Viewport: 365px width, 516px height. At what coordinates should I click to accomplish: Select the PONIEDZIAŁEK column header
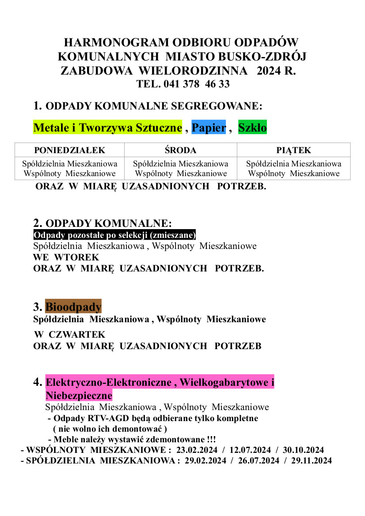[x=70, y=150]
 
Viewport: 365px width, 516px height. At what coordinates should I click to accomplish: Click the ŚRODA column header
[x=180, y=150]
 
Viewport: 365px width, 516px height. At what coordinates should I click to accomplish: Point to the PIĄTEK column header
[x=293, y=150]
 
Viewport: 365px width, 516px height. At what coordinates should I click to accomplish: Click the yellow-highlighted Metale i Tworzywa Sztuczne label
[x=108, y=128]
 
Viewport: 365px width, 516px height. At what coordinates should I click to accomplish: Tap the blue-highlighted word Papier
[x=209, y=128]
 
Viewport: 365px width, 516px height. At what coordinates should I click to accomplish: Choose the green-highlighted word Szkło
[x=252, y=128]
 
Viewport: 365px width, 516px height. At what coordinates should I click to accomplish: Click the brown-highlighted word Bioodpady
[x=73, y=306]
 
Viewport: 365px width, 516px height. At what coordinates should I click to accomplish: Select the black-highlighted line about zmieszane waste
[x=114, y=235]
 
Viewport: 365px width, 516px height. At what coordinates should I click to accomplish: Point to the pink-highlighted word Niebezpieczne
[x=79, y=395]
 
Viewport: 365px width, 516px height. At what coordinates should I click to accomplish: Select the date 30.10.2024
[x=304, y=450]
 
